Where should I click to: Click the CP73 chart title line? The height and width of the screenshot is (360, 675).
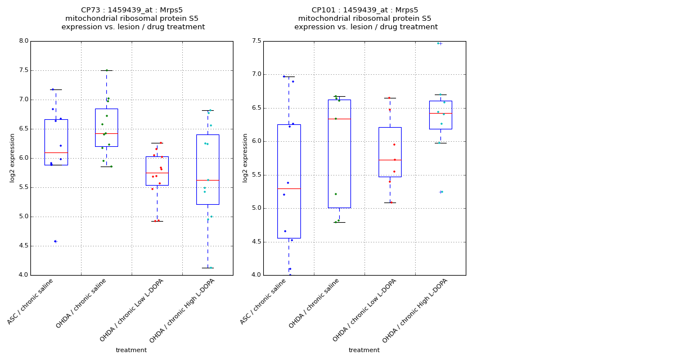pyautogui.click(x=132, y=10)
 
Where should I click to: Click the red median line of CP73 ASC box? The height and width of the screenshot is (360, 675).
pyautogui.click(x=56, y=152)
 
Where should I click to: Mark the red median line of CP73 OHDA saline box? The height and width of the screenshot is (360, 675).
pyautogui.click(x=106, y=133)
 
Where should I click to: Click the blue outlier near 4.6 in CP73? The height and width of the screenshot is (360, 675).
pyautogui.click(x=55, y=241)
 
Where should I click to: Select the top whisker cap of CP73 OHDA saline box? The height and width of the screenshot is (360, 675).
pyautogui.click(x=106, y=70)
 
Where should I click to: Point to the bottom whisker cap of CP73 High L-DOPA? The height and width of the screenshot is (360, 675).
pyautogui.click(x=208, y=268)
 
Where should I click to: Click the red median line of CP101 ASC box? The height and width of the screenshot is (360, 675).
pyautogui.click(x=289, y=188)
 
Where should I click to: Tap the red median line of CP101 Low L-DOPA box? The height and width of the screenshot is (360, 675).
pyautogui.click(x=390, y=160)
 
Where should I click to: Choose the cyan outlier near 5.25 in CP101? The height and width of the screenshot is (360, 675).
pyautogui.click(x=441, y=192)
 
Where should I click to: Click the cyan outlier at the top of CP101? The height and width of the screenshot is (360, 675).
pyautogui.click(x=439, y=43)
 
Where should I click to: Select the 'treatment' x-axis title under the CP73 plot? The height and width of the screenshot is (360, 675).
pyautogui.click(x=131, y=350)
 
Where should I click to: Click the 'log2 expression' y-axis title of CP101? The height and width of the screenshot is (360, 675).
pyautogui.click(x=246, y=157)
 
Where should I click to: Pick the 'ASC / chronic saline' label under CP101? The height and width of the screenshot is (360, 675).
pyautogui.click(x=264, y=301)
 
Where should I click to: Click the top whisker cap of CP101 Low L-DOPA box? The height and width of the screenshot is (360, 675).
pyautogui.click(x=390, y=98)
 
